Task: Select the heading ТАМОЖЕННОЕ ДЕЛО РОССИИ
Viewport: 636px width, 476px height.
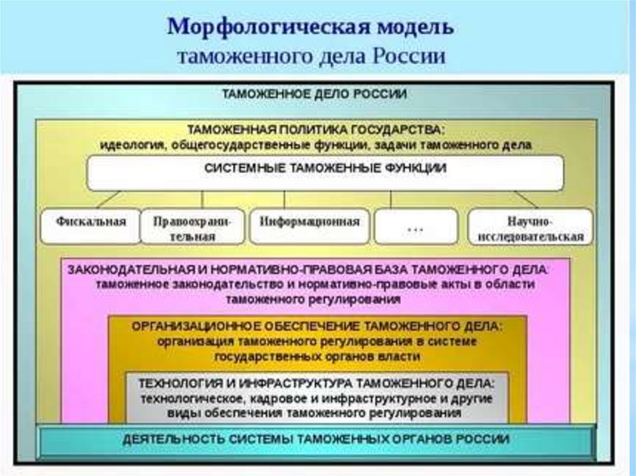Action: click(x=315, y=94)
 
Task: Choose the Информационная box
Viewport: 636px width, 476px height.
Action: click(x=309, y=223)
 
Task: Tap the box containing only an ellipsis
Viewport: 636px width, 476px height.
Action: click(x=416, y=227)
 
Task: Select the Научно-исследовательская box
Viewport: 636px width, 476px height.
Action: click(x=530, y=228)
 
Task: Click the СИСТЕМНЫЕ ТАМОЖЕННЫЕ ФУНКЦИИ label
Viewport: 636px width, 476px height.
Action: click(x=325, y=168)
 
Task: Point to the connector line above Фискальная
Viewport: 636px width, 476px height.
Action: click(x=108, y=199)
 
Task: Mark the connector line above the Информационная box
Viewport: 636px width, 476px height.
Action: click(x=284, y=199)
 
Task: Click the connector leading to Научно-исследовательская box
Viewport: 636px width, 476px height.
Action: click(x=525, y=199)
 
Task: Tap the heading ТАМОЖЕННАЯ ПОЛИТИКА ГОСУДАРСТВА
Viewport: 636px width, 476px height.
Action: click(x=316, y=130)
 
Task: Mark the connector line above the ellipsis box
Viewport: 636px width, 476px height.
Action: click(x=391, y=199)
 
